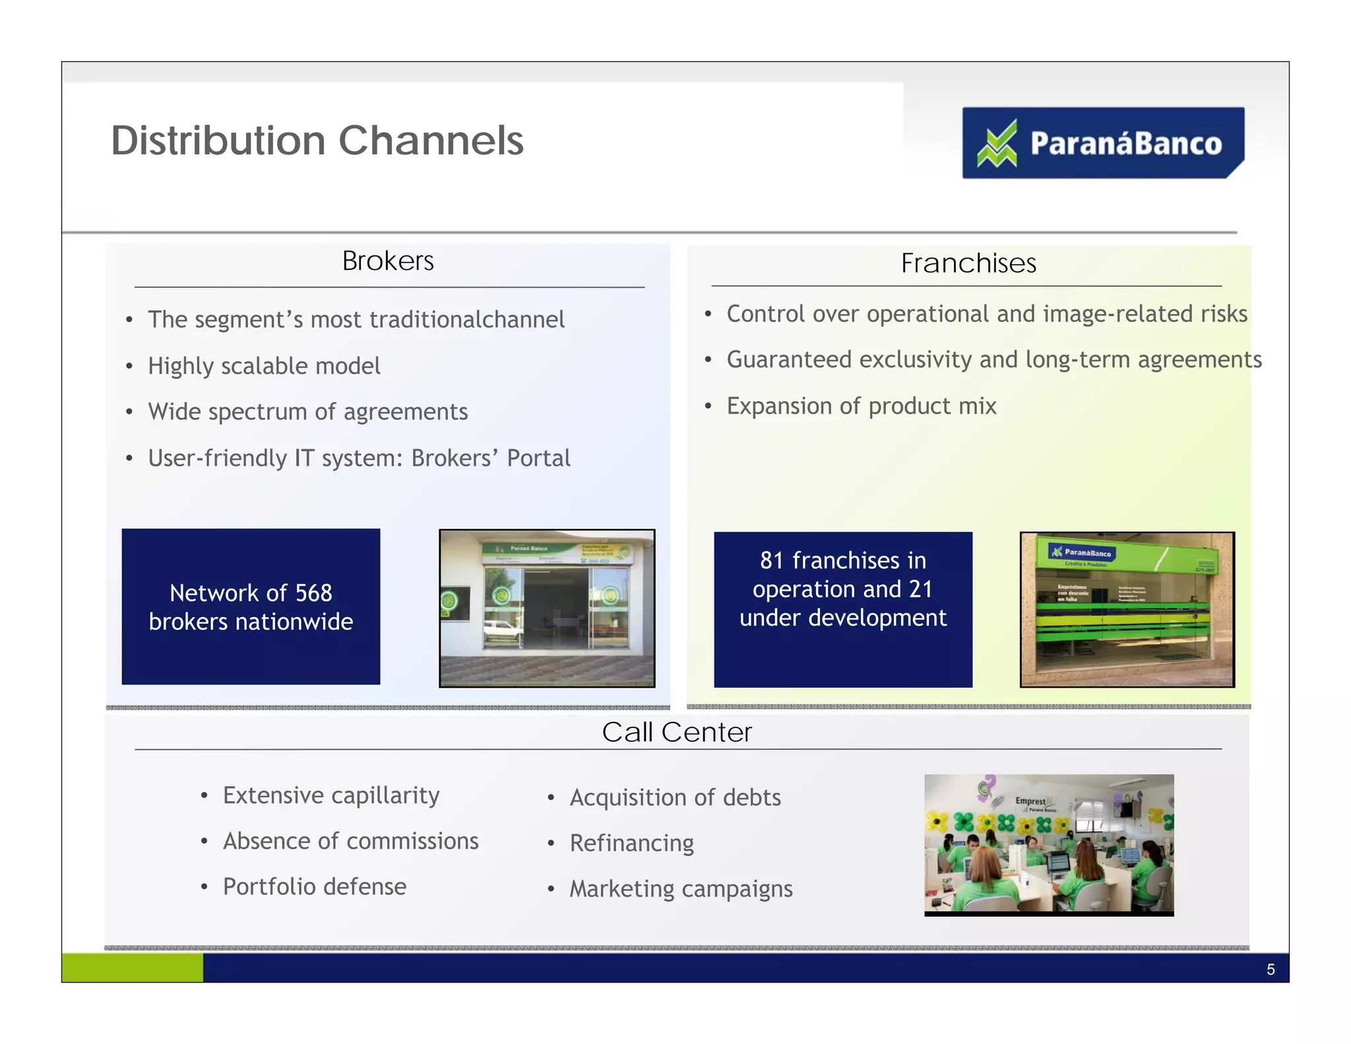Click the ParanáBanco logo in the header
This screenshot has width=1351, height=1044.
(1102, 143)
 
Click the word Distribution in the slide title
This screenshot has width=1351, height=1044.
(218, 141)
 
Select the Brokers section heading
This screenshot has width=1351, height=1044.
(388, 261)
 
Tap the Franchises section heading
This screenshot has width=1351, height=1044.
(968, 263)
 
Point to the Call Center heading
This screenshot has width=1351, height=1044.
(677, 733)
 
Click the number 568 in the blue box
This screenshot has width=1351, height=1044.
(313, 593)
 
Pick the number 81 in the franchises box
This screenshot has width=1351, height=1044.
(771, 560)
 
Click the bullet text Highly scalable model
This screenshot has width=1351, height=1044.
(264, 366)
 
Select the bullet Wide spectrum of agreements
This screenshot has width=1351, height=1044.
(307, 412)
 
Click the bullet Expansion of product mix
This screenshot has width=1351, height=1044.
(861, 406)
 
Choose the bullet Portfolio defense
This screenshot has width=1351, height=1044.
(314, 887)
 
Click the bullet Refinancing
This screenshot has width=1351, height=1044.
(631, 843)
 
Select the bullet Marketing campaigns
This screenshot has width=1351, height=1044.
(681, 889)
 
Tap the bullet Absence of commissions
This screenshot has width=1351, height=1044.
(350, 841)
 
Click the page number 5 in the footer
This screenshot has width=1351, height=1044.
(1271, 969)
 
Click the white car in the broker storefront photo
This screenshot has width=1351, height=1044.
(502, 631)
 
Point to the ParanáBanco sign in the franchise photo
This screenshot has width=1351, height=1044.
(1082, 553)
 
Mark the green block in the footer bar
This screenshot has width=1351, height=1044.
(133, 967)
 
